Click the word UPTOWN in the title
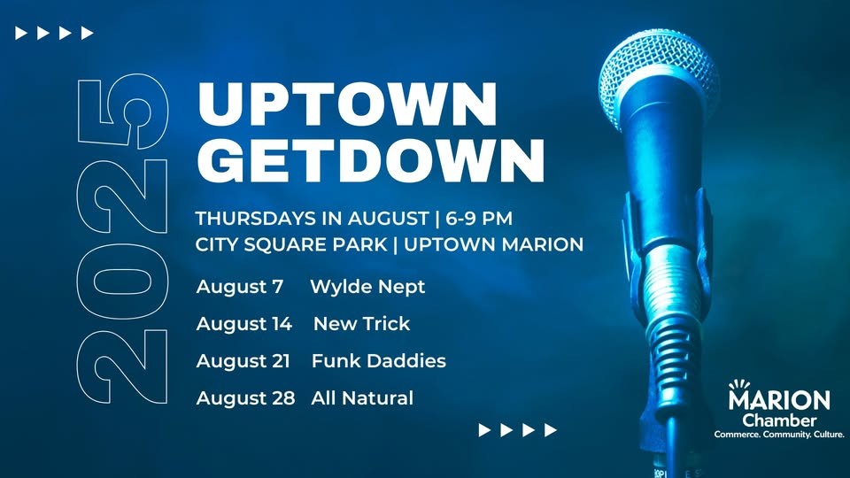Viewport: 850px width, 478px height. (347, 104)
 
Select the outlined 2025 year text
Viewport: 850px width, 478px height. (122, 239)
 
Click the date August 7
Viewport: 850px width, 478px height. (240, 286)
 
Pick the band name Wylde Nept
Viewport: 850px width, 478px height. (367, 287)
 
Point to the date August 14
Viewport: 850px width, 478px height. (244, 324)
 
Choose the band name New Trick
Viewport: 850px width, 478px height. (361, 324)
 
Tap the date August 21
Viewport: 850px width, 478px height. (243, 361)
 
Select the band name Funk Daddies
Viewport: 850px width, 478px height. (379, 360)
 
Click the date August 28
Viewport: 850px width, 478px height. (245, 397)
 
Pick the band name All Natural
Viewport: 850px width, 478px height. (362, 397)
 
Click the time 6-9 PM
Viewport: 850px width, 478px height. (479, 219)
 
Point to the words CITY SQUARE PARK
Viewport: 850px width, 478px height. (291, 244)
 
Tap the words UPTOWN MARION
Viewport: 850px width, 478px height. (493, 244)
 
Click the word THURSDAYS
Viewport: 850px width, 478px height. (256, 219)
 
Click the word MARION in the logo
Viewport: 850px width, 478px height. (779, 400)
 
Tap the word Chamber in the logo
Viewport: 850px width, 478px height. (779, 420)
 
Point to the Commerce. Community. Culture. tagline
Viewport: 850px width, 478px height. (779, 434)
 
